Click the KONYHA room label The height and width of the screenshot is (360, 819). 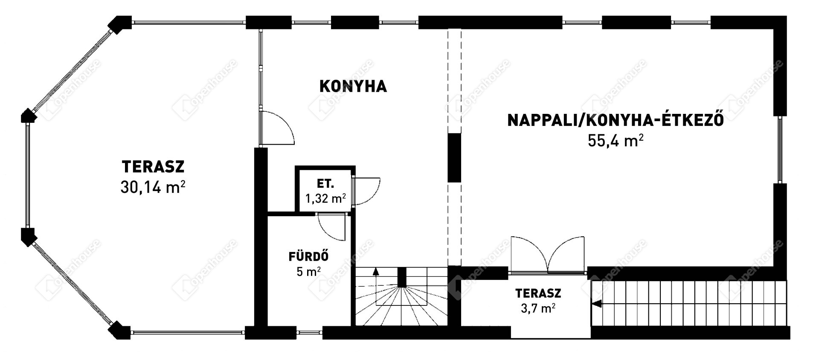pyautogui.click(x=353, y=86)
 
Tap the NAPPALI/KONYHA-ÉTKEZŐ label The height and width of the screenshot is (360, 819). pyautogui.click(x=616, y=120)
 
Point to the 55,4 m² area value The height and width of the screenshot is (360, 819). pyautogui.click(x=616, y=140)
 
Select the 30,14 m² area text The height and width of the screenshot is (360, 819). pyautogui.click(x=153, y=187)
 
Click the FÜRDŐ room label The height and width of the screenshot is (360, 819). pyautogui.click(x=308, y=257)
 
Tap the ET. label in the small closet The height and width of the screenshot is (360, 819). pyautogui.click(x=325, y=184)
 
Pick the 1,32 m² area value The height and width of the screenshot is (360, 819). pyautogui.click(x=325, y=198)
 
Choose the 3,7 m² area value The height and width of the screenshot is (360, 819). pyautogui.click(x=538, y=308)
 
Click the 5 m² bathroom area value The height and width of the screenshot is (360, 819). pyautogui.click(x=308, y=271)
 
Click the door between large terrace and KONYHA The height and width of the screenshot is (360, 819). pyautogui.click(x=277, y=128)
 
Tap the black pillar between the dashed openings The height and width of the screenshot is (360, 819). pyautogui.click(x=454, y=158)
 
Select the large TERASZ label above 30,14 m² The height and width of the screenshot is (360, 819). pyautogui.click(x=153, y=166)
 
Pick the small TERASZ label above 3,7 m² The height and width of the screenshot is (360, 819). pyautogui.click(x=538, y=293)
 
